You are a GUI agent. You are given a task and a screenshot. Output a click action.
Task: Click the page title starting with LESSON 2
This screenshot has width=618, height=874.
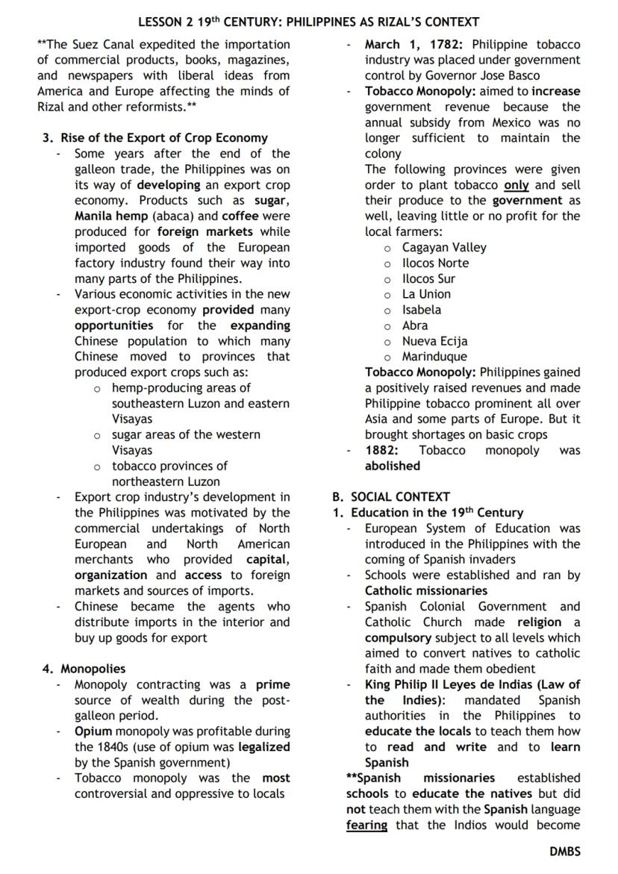(x=308, y=22)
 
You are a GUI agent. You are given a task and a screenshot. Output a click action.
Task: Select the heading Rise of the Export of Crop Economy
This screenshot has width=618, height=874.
(x=163, y=138)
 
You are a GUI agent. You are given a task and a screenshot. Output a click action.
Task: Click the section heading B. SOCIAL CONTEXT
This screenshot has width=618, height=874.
(x=391, y=496)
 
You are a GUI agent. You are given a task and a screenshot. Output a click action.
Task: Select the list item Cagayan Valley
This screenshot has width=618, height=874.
(x=444, y=247)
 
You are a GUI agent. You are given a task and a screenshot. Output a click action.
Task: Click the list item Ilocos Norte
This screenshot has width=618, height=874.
(x=435, y=263)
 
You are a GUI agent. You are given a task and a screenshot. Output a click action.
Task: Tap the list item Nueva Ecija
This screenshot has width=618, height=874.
(x=434, y=341)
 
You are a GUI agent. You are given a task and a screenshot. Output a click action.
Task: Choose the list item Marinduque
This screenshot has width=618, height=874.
(x=434, y=357)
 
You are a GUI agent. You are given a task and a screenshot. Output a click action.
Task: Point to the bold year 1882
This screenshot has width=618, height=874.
(x=381, y=450)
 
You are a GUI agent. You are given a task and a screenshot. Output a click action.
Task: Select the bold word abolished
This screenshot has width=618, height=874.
(x=393, y=466)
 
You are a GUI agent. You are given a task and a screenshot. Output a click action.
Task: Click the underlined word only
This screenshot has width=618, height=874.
(x=516, y=185)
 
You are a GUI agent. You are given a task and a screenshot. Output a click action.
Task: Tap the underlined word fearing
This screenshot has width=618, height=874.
(x=366, y=825)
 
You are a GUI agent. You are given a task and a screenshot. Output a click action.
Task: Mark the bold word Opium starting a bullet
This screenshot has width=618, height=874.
(x=93, y=731)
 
